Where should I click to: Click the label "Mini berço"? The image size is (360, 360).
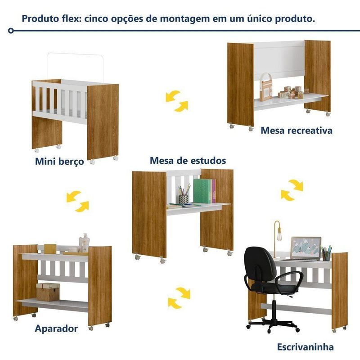click(59, 162)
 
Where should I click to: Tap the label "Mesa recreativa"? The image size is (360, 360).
click(297, 130)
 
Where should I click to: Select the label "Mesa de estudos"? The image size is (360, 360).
click(188, 161)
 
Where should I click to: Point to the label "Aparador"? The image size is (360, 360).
click(56, 328)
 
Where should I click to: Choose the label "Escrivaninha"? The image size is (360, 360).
click(305, 346)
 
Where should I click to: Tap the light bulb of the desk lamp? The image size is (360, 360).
click(279, 236)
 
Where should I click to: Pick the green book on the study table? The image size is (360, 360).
click(202, 191)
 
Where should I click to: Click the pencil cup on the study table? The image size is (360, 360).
click(184, 199)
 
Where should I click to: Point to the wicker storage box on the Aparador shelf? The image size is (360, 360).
click(48, 292)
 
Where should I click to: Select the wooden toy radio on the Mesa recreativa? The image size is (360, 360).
click(266, 87)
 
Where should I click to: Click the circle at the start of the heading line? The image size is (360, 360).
click(10, 31)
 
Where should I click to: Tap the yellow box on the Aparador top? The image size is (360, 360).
click(50, 249)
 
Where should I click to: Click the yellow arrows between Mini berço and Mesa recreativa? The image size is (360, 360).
click(177, 101)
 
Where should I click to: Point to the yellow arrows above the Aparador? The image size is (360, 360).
click(77, 201)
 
